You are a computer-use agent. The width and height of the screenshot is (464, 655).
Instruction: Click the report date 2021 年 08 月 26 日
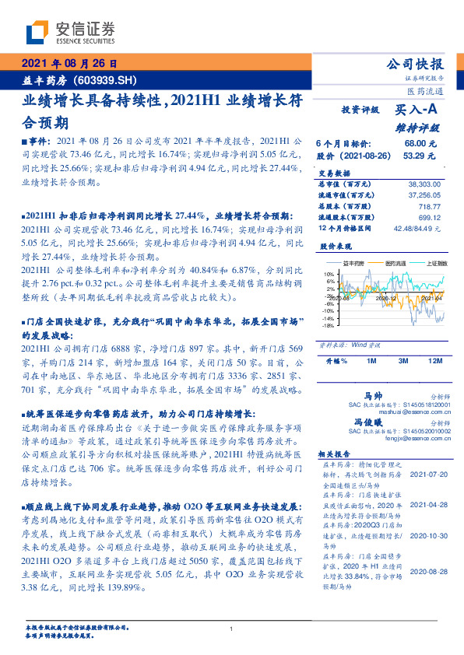[68, 64]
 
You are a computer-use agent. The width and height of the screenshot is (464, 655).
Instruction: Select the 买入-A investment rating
[418, 110]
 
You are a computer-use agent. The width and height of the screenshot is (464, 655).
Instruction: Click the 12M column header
[434, 361]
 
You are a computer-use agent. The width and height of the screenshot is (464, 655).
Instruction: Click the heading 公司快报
[415, 64]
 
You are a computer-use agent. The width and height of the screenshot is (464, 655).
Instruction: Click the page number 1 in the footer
[232, 629]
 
